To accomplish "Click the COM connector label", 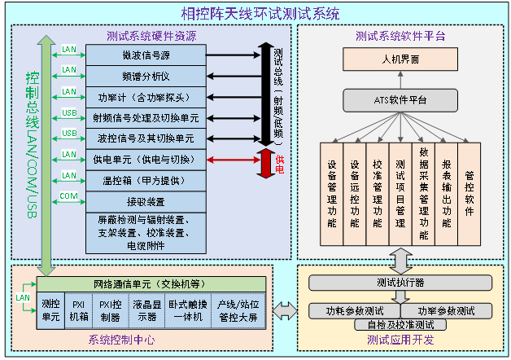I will pyautogui.click(x=69, y=195).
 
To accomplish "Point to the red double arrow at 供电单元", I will pyautogui.click(x=233, y=159).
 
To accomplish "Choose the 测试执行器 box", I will pyautogui.click(x=400, y=283).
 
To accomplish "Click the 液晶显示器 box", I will pyautogui.click(x=146, y=310).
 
